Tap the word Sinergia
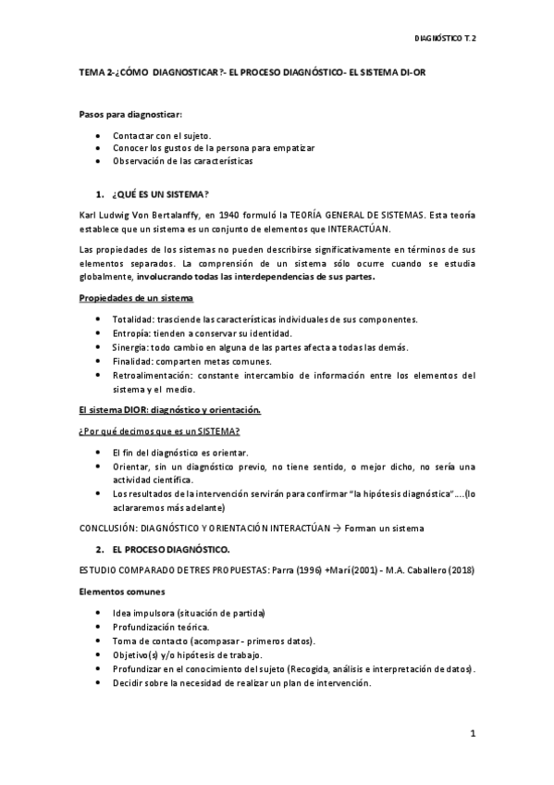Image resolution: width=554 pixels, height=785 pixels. coord(129,347)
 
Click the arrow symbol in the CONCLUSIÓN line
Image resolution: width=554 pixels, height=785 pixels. coord(338,528)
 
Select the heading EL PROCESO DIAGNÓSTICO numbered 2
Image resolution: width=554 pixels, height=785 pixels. coord(169,549)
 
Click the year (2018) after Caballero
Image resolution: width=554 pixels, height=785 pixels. coord(460,569)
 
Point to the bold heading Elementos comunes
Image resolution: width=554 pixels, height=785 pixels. coord(115,591)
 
